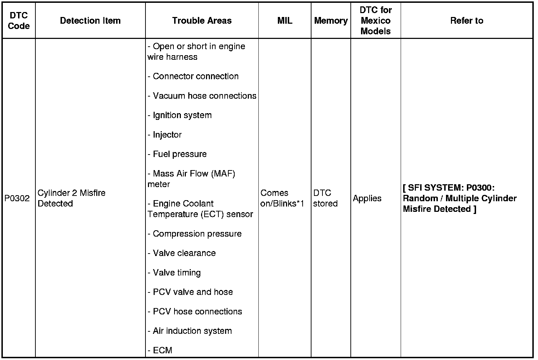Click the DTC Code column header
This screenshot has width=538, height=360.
(x=19, y=21)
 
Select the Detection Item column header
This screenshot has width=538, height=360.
(x=90, y=21)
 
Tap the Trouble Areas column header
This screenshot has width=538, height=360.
(x=202, y=21)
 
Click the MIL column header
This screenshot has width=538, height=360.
(x=285, y=21)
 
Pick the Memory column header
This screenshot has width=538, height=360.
(x=331, y=21)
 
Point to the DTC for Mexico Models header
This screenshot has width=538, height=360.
(x=376, y=21)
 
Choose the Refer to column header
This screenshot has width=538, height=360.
(x=467, y=21)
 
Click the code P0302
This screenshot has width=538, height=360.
(x=17, y=198)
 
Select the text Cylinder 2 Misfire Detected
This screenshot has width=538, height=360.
(x=71, y=198)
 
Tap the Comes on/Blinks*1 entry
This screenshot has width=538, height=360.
(x=282, y=198)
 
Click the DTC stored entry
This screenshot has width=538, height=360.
(x=325, y=198)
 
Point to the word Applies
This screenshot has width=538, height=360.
(x=367, y=198)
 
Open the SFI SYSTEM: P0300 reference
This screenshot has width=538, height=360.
(x=459, y=198)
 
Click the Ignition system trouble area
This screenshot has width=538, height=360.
(x=182, y=115)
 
